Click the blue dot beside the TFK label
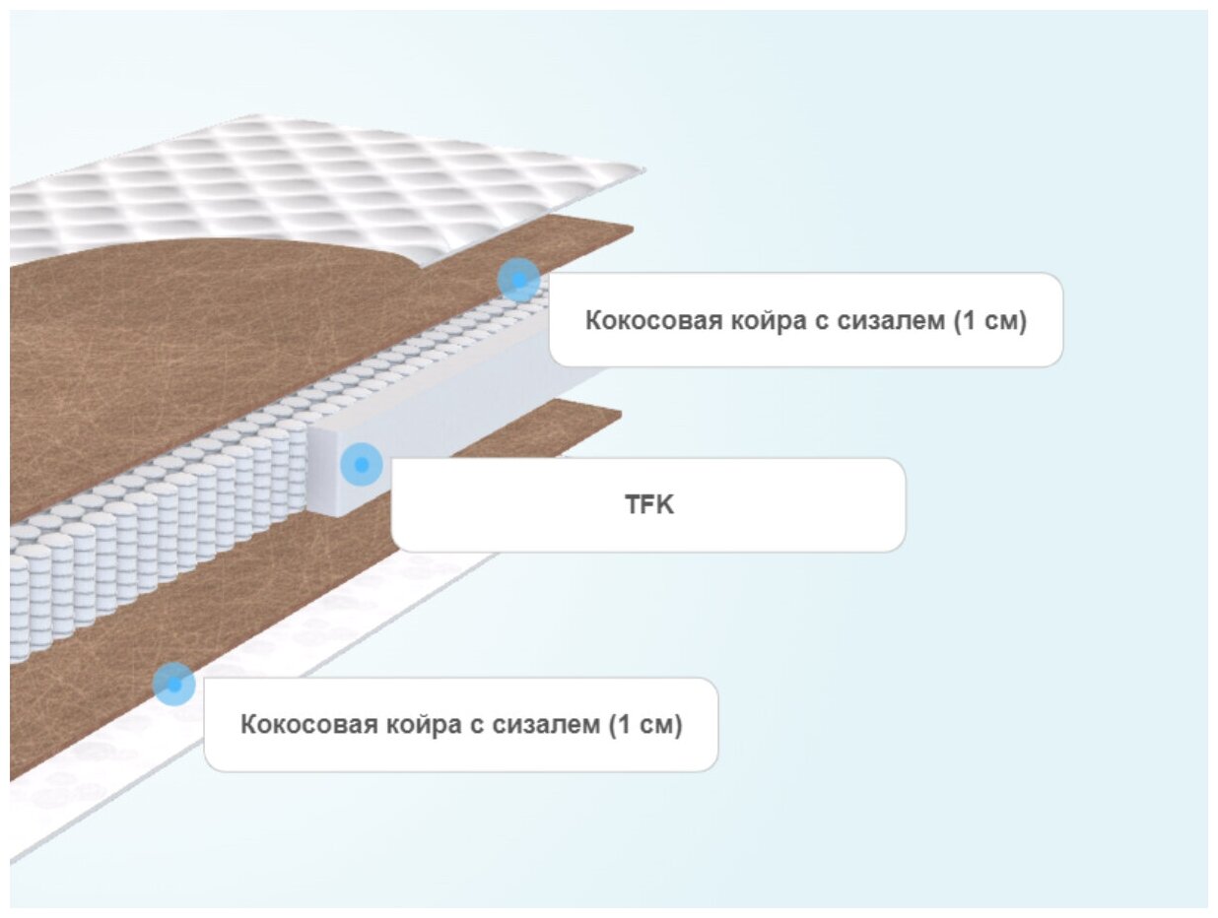point(362,464)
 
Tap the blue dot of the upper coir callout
point(518,280)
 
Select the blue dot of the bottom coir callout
point(174,684)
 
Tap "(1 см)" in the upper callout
point(990,321)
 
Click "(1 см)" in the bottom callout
point(645,725)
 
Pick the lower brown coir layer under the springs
point(197,630)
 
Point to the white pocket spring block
point(148,532)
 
